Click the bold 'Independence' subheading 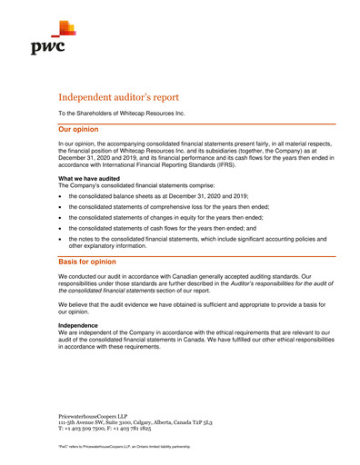79,325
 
